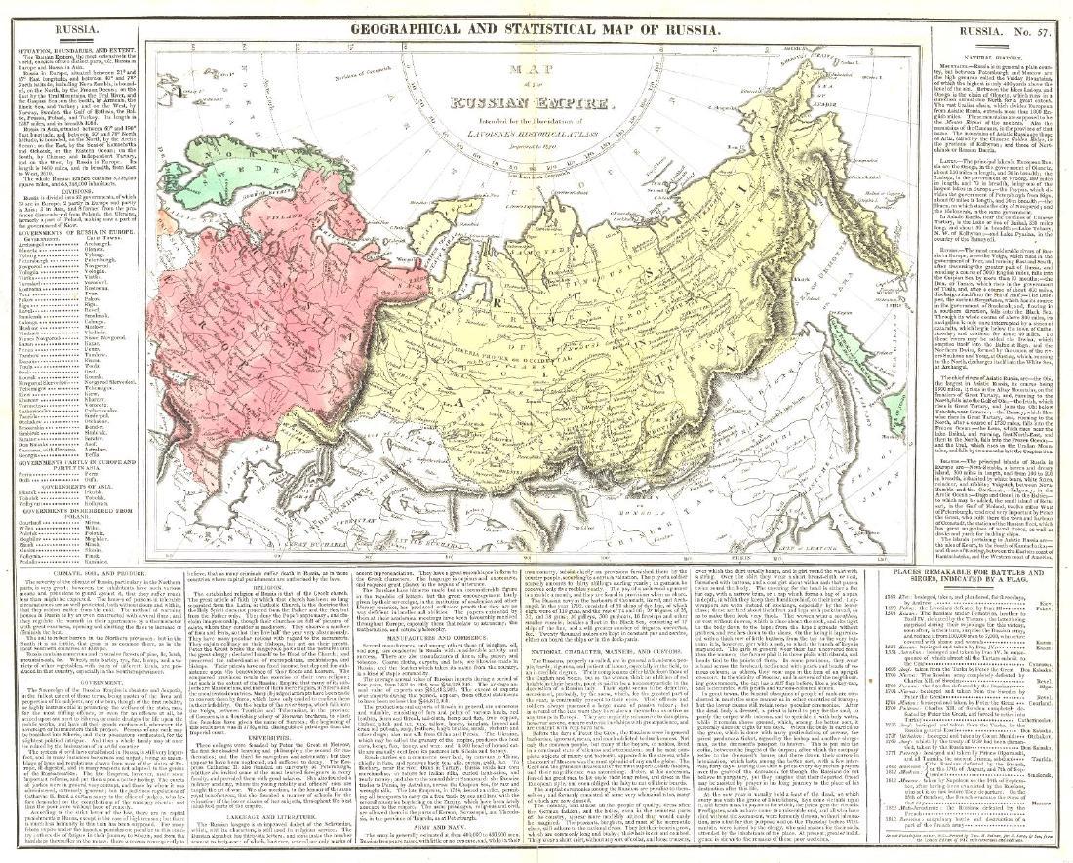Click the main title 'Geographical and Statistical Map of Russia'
(x=536, y=29)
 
